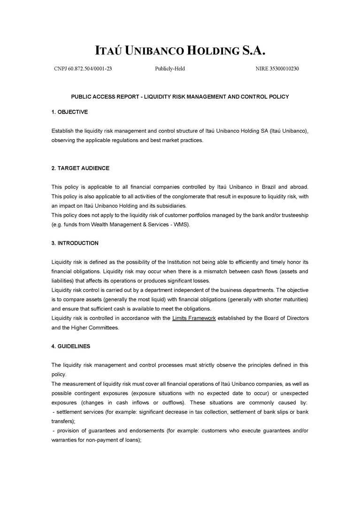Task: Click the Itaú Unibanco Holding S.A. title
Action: (180, 50)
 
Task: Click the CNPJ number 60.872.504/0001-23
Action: (83, 68)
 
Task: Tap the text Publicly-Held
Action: (170, 68)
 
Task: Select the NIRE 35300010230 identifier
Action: (277, 68)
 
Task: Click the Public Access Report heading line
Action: (180, 97)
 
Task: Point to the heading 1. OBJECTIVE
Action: (69, 112)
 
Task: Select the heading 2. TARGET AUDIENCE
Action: (80, 168)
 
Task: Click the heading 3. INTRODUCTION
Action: (75, 243)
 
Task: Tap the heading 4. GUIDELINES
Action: (70, 346)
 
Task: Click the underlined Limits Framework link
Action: (194, 318)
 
